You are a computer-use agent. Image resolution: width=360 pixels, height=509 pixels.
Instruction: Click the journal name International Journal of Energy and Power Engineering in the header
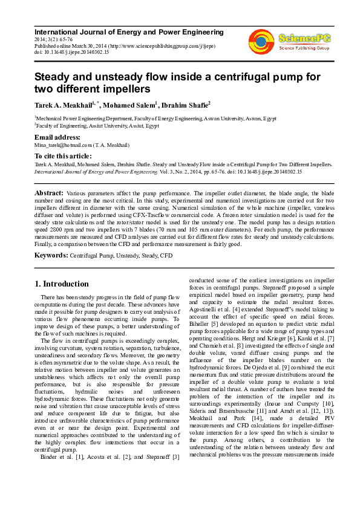[x=129, y=31]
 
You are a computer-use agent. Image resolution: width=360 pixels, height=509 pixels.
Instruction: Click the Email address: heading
[x=57, y=138]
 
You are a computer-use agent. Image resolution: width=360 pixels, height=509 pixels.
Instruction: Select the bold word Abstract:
[x=48, y=192]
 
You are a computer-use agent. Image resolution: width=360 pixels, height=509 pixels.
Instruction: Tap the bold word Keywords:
[x=51, y=256]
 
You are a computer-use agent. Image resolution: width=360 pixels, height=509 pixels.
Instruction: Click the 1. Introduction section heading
[x=62, y=284]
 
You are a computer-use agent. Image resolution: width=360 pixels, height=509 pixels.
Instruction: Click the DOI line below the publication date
[x=71, y=53]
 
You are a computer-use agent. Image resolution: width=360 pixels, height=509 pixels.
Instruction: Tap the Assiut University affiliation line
[x=97, y=127]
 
